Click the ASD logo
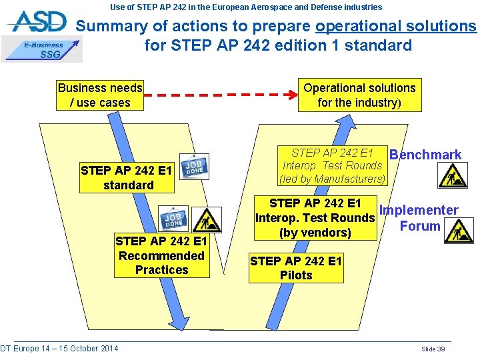point(38,21)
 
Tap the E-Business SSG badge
point(43,50)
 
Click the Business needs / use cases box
point(100,95)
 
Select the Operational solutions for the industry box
point(359,95)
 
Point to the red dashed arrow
point(221,95)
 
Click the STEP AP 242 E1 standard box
point(127,178)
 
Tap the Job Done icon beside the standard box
point(195,167)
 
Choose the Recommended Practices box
point(161,255)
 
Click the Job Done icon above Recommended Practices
point(173,220)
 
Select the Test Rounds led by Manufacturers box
point(333,165)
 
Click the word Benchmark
point(425,155)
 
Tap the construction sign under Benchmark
point(453,175)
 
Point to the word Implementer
point(419,211)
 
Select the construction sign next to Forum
point(459,231)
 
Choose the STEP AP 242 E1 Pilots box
point(296,268)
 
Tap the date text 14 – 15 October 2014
point(76,349)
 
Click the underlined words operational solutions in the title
point(396,27)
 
